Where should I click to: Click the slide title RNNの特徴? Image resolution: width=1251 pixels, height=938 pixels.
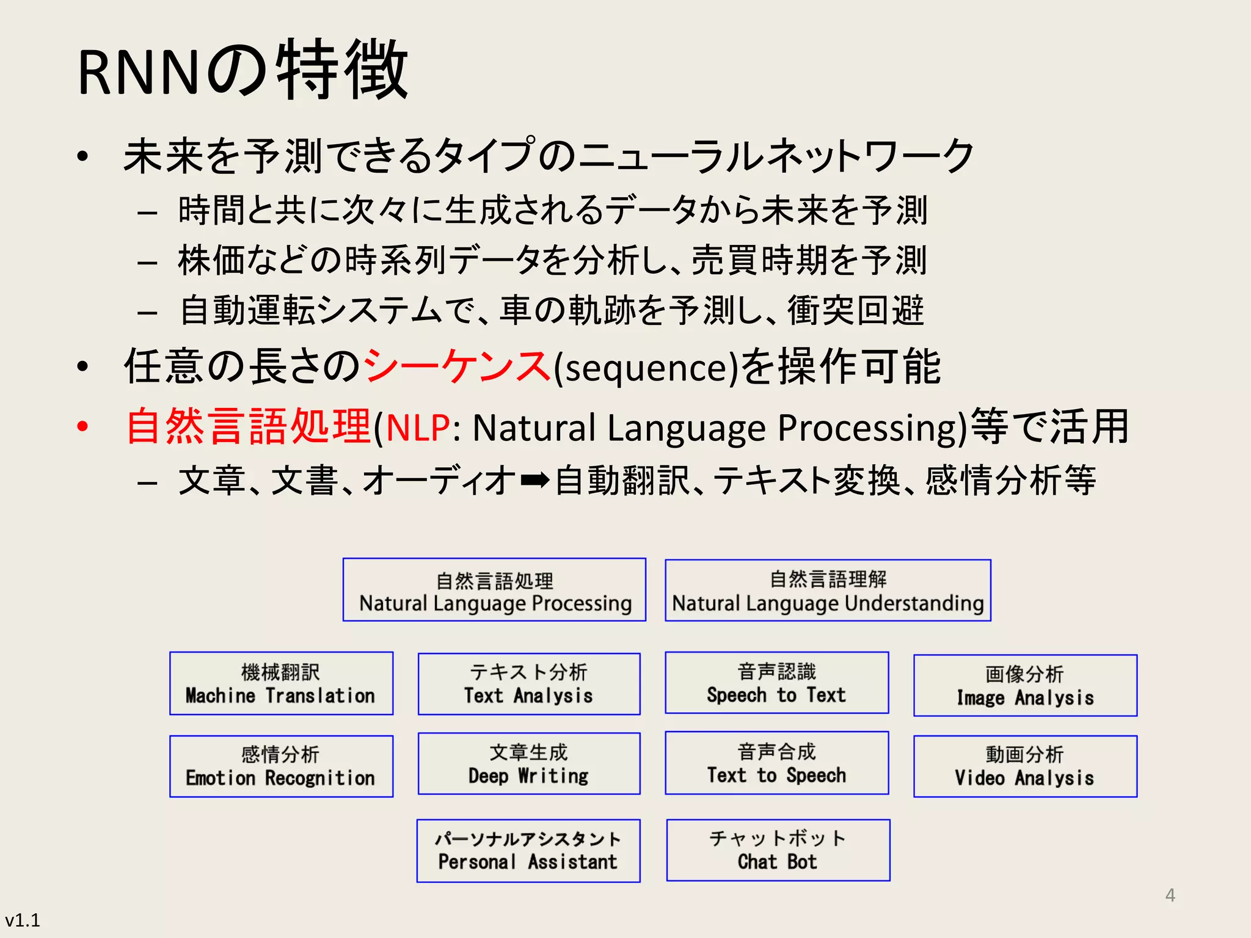click(x=243, y=70)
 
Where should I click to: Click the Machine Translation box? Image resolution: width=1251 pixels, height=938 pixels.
click(x=281, y=683)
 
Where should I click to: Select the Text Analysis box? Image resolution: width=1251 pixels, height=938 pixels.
click(x=529, y=683)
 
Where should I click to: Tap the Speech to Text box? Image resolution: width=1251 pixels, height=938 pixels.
click(x=776, y=683)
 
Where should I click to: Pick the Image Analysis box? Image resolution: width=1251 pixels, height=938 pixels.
click(x=1025, y=685)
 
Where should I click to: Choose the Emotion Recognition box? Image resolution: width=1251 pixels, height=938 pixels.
click(x=281, y=766)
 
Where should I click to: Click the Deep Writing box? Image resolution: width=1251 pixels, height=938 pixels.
click(x=529, y=763)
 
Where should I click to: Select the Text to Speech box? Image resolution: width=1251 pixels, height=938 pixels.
click(x=776, y=763)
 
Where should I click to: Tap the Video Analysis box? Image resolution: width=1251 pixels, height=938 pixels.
click(x=1025, y=766)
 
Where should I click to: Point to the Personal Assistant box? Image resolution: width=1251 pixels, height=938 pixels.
click(x=528, y=851)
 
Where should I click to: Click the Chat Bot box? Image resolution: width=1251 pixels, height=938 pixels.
click(x=778, y=850)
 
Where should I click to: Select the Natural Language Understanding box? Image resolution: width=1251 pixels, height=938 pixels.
click(x=828, y=591)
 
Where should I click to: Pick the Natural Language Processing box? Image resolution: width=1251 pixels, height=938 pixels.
click(x=494, y=590)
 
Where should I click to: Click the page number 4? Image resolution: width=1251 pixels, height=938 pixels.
click(x=1170, y=895)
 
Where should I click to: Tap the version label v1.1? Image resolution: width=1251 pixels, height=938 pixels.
click(x=23, y=920)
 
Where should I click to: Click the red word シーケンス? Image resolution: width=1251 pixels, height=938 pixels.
click(x=457, y=366)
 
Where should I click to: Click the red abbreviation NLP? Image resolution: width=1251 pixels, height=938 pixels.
click(x=418, y=427)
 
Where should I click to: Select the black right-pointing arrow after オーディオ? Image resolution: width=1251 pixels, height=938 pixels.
click(x=535, y=481)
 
